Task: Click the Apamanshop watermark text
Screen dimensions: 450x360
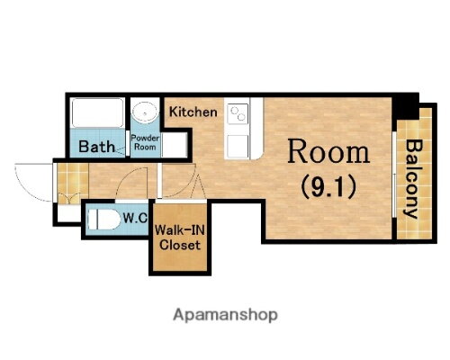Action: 225,315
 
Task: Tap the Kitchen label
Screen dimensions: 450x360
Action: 193,112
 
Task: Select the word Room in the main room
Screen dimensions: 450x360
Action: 328,151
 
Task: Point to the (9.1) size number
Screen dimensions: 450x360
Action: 328,186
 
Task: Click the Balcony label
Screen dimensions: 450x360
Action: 414,179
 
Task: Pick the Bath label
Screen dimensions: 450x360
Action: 96,147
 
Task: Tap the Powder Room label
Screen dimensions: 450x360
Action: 145,142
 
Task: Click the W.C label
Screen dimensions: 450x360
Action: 135,218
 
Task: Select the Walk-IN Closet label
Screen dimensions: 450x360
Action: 180,238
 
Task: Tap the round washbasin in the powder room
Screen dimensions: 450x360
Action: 145,112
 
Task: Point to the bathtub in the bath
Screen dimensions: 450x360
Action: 98,112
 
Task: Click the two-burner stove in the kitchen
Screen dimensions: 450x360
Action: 238,113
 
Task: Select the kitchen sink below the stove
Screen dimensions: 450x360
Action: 238,146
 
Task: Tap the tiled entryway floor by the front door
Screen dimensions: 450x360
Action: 73,184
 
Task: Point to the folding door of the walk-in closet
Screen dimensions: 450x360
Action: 198,187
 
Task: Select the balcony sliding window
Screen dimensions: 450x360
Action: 394,174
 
